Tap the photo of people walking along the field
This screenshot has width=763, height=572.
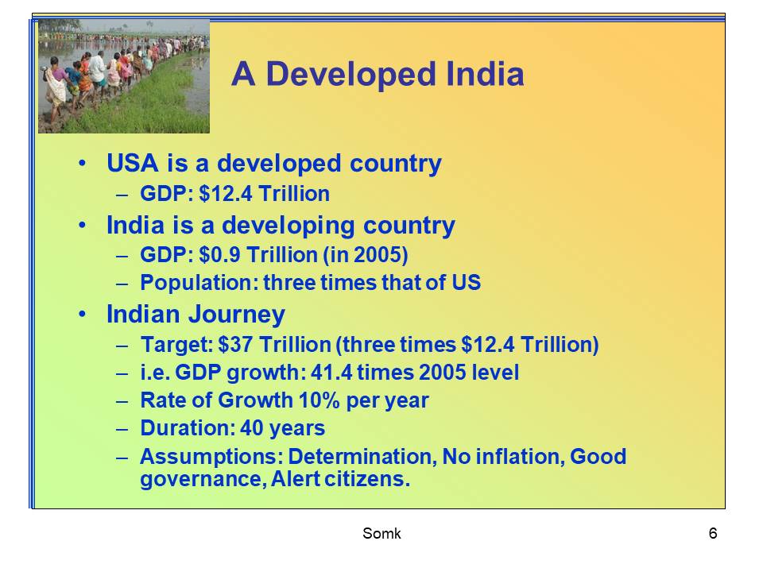tap(124, 76)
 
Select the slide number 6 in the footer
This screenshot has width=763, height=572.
tap(713, 534)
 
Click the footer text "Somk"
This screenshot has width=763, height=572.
tap(381, 534)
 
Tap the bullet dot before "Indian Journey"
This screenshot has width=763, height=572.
tap(83, 315)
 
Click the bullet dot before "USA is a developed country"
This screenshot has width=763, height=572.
tap(83, 164)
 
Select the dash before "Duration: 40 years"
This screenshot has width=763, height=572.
tap(122, 429)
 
